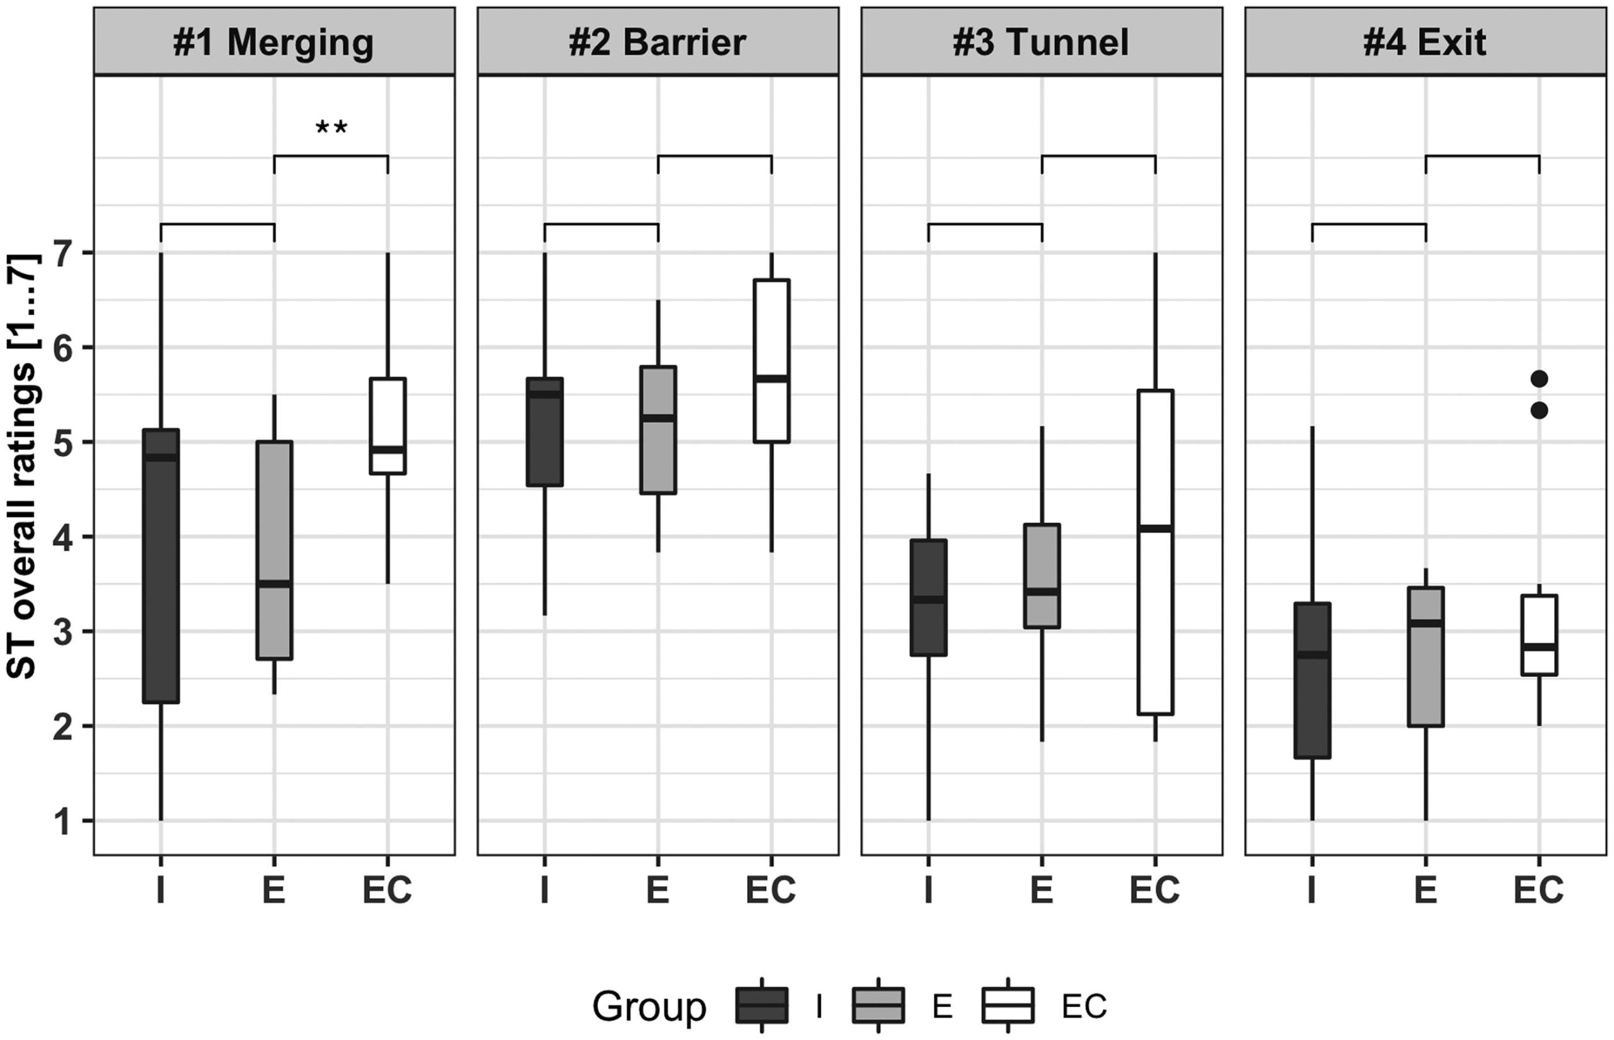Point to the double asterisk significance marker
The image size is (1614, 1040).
point(331,127)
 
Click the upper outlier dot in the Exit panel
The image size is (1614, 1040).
point(1539,379)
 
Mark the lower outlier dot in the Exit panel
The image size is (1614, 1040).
point(1539,410)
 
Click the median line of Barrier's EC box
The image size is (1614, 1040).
point(771,378)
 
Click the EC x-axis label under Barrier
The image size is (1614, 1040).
point(771,890)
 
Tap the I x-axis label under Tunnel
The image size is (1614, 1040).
point(929,890)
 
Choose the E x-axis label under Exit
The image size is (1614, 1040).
point(1425,890)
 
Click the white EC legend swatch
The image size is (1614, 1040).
point(1008,1005)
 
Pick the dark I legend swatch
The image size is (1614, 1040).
point(762,1005)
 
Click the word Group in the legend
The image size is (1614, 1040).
point(649,1007)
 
